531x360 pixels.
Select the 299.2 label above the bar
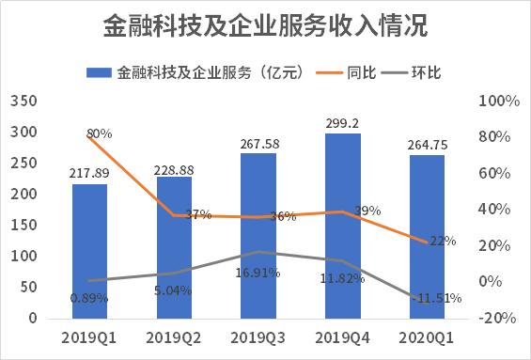343,121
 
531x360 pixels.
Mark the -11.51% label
437,299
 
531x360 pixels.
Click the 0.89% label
89,298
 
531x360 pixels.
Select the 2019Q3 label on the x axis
258,337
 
